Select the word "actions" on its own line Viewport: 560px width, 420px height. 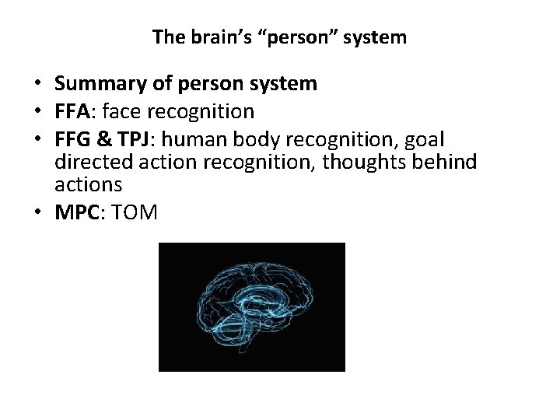pos(89,184)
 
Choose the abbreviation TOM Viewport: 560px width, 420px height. pos(135,212)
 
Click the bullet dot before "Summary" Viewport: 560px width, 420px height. pos(38,84)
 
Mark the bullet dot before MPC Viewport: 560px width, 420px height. pos(38,213)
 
